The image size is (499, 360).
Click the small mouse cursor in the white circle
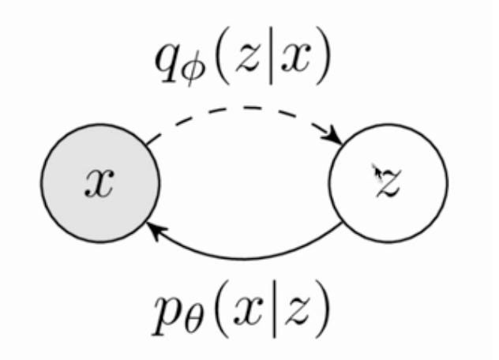tap(377, 171)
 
